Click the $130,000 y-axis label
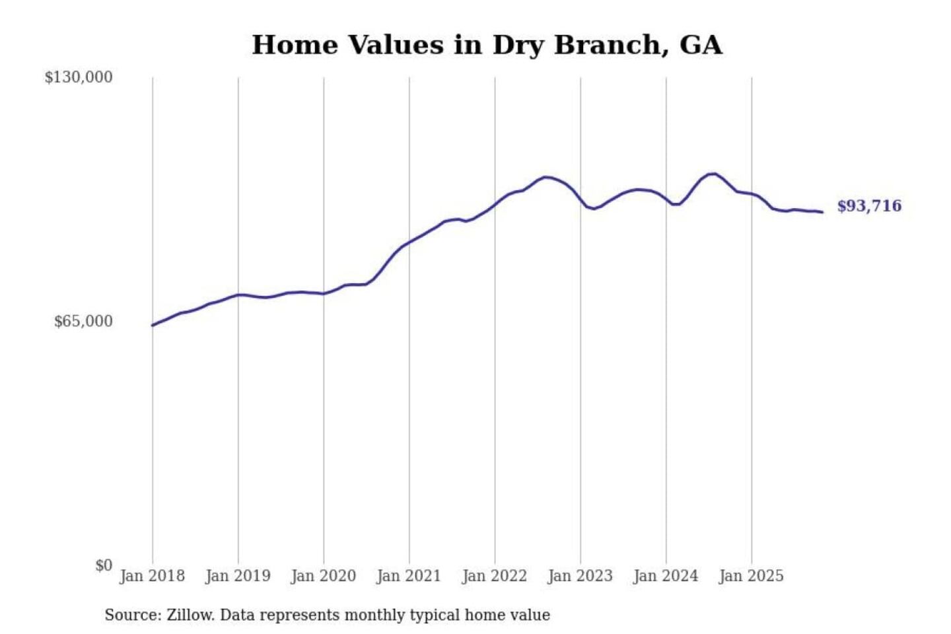[79, 77]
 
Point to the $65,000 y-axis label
[83, 322]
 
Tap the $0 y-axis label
[104, 565]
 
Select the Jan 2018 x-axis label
[152, 576]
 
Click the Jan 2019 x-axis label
[238, 576]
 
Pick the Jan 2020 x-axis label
[324, 576]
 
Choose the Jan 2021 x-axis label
[409, 576]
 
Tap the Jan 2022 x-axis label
[495, 576]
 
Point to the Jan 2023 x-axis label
[581, 576]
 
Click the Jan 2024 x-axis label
[666, 576]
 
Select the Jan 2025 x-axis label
[752, 576]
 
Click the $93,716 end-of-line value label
[869, 206]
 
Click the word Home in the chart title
[295, 45]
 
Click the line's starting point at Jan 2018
[153, 325]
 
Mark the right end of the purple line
[822, 212]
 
